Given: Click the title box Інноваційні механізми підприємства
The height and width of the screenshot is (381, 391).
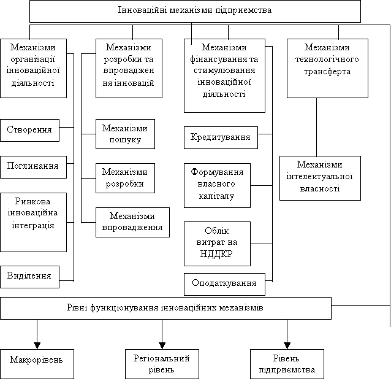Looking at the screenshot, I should pyautogui.click(x=195, y=11).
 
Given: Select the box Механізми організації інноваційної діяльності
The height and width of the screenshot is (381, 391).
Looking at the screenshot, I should pyautogui.click(x=33, y=68).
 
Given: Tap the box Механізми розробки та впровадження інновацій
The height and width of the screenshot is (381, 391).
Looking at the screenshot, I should pyautogui.click(x=129, y=68).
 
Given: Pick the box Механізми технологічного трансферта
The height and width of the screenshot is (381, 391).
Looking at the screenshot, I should pyautogui.click(x=327, y=68).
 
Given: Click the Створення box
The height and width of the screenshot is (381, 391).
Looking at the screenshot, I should pyautogui.click(x=29, y=130).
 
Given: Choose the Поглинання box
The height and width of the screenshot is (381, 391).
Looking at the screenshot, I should pyautogui.click(x=33, y=166).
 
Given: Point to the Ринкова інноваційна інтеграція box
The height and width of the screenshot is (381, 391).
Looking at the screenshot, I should pyautogui.click(x=33, y=221).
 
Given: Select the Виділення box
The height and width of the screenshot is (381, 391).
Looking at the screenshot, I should pyautogui.click(x=29, y=277).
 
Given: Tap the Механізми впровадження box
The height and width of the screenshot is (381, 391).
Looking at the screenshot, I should pyautogui.click(x=132, y=222).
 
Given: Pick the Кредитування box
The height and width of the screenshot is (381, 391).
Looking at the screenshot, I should pyautogui.click(x=221, y=137).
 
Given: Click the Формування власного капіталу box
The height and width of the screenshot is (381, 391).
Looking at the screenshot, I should pyautogui.click(x=218, y=185).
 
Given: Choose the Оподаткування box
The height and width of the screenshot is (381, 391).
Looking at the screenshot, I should pyautogui.click(x=224, y=284).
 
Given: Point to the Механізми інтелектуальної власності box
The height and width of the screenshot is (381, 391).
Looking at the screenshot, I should pyautogui.click(x=320, y=178).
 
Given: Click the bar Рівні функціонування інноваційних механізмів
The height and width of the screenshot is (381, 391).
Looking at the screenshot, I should pyautogui.click(x=165, y=308).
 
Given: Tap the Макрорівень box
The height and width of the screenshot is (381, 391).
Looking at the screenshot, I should pyautogui.click(x=37, y=364).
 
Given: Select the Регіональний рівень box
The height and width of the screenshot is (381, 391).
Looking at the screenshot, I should pyautogui.click(x=162, y=364).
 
